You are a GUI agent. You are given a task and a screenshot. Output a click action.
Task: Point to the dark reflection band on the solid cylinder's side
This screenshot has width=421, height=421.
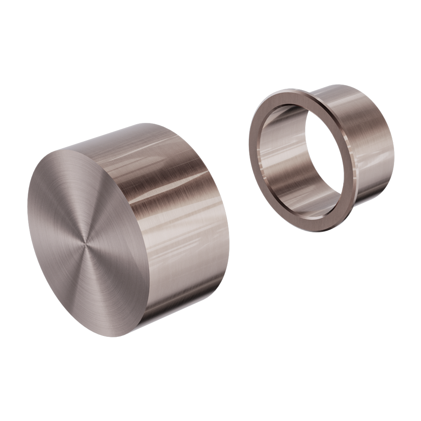pyautogui.click(x=177, y=194)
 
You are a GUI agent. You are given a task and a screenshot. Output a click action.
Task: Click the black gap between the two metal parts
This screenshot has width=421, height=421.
pyautogui.click(x=240, y=168)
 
